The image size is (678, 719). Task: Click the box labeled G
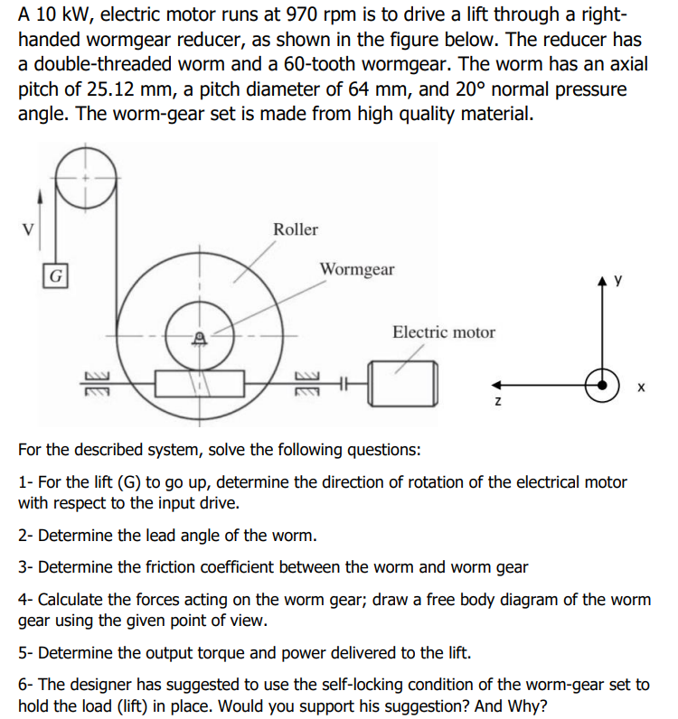pos(56,275)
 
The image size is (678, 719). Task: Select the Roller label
pos(296,229)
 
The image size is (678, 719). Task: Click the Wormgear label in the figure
pos(357,269)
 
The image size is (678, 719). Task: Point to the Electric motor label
pos(443,332)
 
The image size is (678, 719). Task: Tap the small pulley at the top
pos(87,177)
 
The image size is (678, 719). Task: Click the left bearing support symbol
pos(97,384)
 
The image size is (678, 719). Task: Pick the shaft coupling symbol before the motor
pos(344,384)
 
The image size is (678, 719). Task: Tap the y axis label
pos(618,281)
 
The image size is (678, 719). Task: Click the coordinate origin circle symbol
pos(598,382)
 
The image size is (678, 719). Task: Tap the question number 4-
pos(26,599)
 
